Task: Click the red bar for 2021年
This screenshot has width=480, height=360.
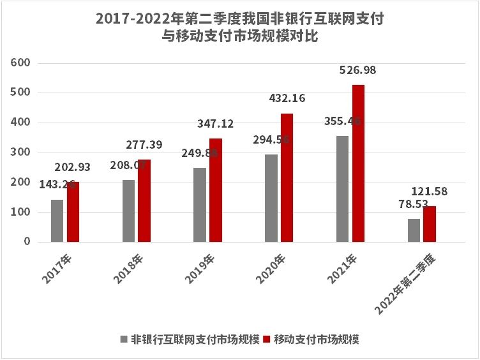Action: (x=358, y=163)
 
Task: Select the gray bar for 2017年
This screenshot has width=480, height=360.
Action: (x=57, y=221)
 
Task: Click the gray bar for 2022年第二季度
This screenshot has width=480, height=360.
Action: (x=414, y=230)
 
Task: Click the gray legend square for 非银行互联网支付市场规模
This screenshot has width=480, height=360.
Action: (x=124, y=339)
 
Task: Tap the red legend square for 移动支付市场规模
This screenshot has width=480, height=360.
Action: (x=267, y=339)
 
